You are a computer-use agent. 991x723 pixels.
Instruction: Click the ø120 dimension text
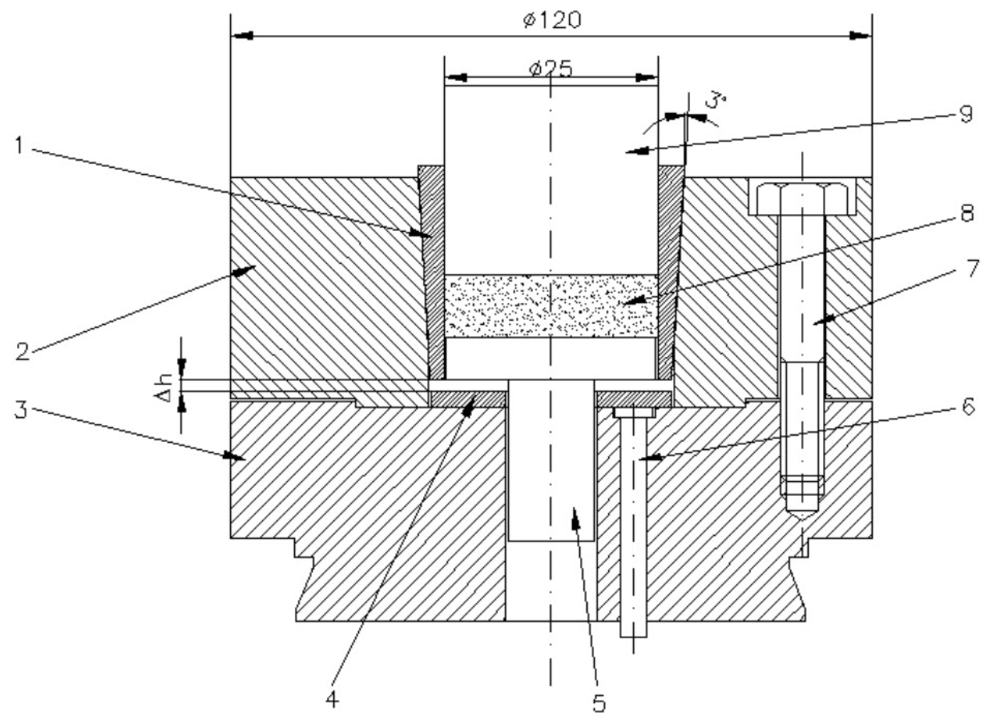553,20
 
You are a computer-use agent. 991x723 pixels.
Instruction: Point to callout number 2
23,351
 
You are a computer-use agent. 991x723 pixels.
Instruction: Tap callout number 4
332,700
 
